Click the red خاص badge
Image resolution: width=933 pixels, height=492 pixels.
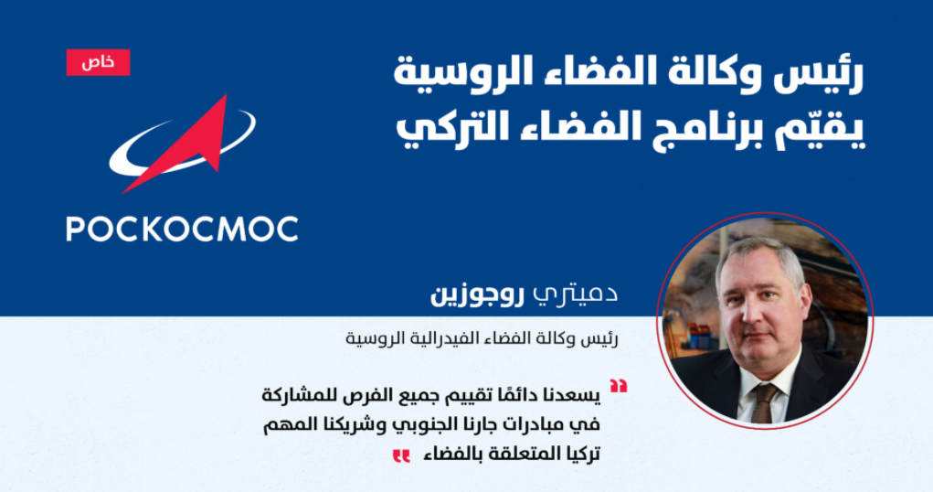[x=98, y=62]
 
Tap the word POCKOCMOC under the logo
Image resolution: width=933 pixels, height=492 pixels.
[x=182, y=230]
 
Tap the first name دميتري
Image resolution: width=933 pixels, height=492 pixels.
[x=575, y=294]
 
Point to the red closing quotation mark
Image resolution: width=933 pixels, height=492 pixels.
[x=402, y=456]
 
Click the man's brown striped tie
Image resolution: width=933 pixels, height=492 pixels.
[x=763, y=401]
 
